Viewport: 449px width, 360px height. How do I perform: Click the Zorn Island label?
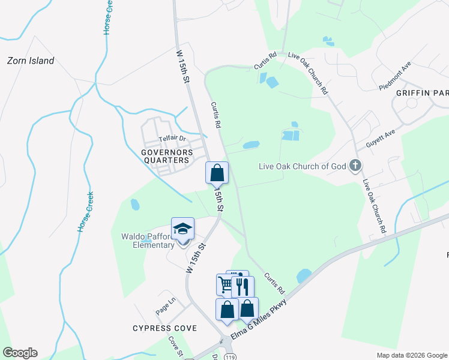31,61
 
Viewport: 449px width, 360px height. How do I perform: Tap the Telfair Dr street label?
173,139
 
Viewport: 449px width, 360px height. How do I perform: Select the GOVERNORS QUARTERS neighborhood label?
167,156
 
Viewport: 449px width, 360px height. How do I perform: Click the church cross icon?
355,165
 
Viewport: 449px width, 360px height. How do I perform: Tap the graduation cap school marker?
182,229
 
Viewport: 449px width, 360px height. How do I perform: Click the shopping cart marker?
226,284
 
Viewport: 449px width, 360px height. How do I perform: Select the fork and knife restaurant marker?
243,286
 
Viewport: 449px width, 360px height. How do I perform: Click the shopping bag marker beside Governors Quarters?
217,173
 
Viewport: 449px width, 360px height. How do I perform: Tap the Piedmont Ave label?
394,75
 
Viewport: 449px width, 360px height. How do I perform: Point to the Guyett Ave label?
381,141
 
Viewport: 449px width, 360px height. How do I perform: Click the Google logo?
20,353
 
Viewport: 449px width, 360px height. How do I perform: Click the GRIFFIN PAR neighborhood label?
422,93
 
